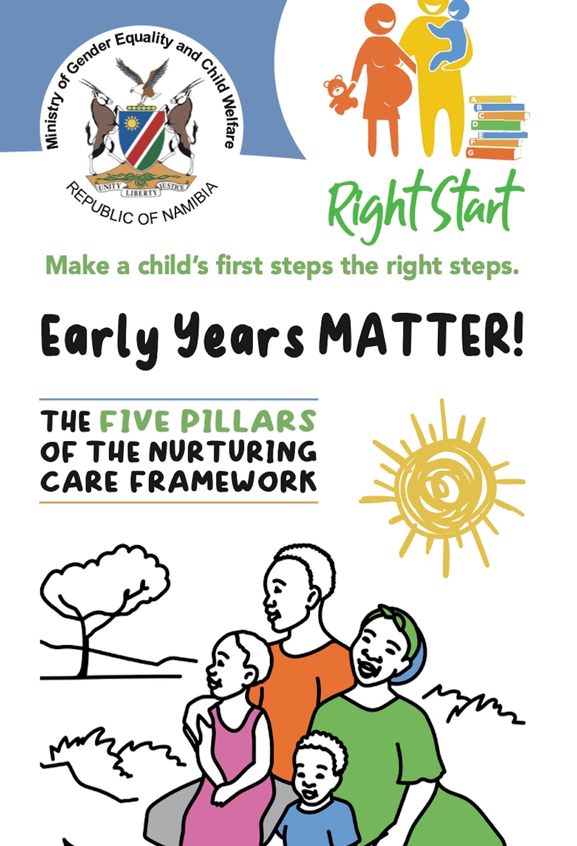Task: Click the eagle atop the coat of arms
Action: (x=143, y=81)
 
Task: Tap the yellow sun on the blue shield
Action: (x=132, y=123)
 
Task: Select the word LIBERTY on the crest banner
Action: (x=141, y=193)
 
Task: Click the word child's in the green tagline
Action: (x=173, y=266)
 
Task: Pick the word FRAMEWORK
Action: (x=223, y=482)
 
